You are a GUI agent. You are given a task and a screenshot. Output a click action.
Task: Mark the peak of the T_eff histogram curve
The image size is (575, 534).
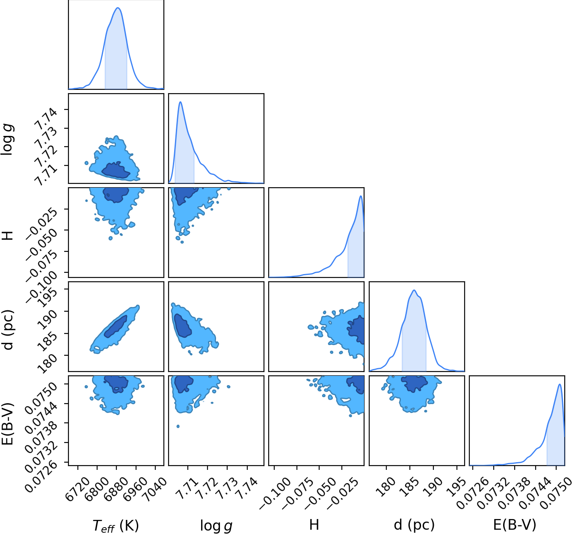point(118,8)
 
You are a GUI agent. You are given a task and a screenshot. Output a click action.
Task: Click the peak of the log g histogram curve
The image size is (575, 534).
point(181,102)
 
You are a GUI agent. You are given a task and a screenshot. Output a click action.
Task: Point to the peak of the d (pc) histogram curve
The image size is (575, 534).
point(414,290)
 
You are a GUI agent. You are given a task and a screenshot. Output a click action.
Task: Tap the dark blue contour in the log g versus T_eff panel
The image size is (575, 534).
point(116,171)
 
